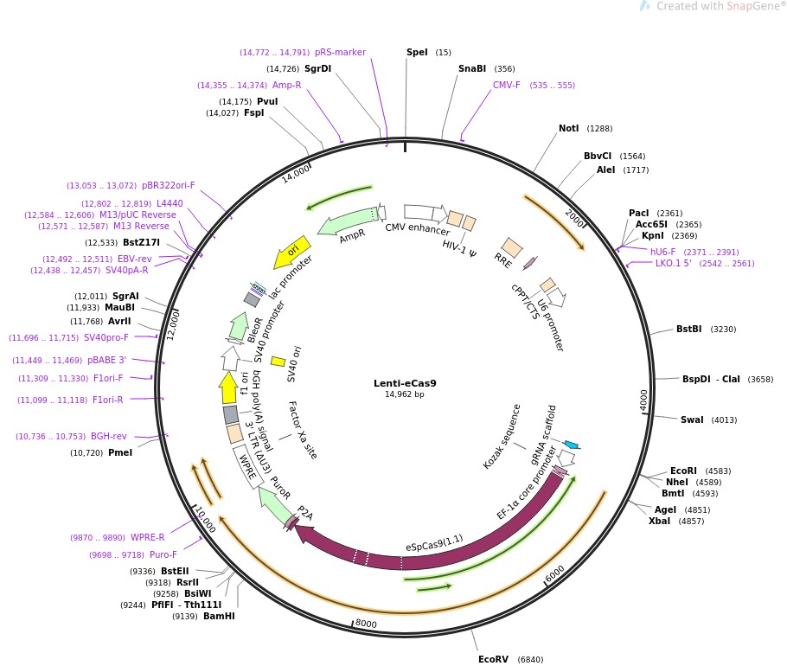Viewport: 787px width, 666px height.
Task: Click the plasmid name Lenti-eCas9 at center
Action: (405, 383)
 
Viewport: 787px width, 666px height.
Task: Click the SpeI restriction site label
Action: (417, 52)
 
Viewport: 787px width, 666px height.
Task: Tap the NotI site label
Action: (568, 128)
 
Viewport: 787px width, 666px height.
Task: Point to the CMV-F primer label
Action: (507, 85)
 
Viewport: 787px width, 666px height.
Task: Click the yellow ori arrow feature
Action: (292, 252)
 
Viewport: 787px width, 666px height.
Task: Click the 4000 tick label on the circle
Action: (643, 400)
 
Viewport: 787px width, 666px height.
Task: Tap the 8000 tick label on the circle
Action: (366, 623)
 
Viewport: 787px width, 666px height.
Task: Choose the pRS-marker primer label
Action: (340, 52)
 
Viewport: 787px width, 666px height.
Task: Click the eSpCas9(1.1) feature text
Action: (434, 542)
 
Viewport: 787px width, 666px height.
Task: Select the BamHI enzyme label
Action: (219, 616)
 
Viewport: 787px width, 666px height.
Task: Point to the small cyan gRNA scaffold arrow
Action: (571, 445)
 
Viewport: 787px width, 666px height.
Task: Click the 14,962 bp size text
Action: (405, 394)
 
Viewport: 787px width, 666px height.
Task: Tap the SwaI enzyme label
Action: (692, 419)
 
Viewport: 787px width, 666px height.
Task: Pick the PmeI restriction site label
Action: (120, 452)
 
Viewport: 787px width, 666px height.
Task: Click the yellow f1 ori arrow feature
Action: (228, 387)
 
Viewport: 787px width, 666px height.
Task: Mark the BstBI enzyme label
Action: (688, 329)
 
